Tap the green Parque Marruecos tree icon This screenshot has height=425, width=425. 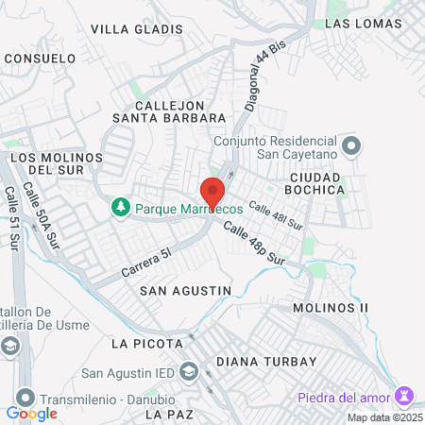tap(120, 206)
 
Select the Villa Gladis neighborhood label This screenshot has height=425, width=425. tap(129, 29)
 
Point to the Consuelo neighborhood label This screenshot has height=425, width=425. tap(40, 58)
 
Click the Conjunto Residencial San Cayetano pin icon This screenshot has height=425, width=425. tap(351, 144)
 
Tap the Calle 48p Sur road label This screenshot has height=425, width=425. tap(254, 242)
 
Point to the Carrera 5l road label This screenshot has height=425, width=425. tap(146, 263)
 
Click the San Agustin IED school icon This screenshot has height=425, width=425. tap(188, 370)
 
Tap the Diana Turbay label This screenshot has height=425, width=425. tap(258, 361)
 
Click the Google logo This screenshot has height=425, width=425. tap(31, 414)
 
